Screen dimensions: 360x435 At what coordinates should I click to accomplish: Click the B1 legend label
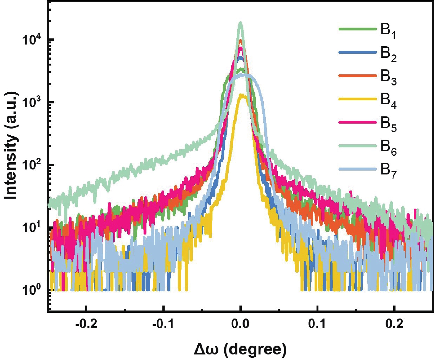point(388,31)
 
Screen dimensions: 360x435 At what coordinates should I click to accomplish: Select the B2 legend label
point(388,54)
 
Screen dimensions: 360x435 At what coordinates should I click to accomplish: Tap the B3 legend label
point(388,77)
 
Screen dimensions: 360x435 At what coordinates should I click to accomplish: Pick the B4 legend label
point(388,101)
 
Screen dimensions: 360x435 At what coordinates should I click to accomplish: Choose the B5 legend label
point(388,124)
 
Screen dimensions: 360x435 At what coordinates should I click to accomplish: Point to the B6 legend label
point(388,148)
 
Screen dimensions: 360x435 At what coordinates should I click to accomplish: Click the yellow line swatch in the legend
point(358,99)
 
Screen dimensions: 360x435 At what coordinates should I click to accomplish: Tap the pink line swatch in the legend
point(358,122)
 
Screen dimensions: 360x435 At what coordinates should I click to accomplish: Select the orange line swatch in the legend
point(358,75)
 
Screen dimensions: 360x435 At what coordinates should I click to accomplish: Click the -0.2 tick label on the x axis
point(86,324)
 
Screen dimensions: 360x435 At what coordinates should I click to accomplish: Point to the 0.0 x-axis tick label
point(241,324)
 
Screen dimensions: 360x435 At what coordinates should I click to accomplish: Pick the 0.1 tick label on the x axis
point(318,324)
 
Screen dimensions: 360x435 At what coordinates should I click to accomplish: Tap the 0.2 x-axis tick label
point(394,324)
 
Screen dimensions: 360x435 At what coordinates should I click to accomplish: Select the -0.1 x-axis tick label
point(164,324)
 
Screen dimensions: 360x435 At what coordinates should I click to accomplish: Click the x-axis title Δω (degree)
point(240,349)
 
